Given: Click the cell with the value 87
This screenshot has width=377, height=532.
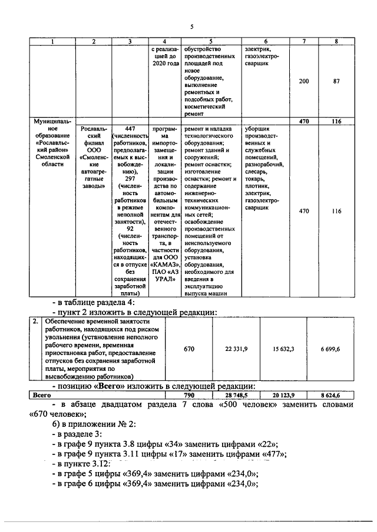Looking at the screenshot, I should [336, 82].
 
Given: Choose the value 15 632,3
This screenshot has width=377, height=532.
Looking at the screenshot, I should [283, 349].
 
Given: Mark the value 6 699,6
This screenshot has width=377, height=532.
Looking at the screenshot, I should [332, 349].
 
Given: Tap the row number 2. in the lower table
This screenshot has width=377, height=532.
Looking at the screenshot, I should [36, 322].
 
